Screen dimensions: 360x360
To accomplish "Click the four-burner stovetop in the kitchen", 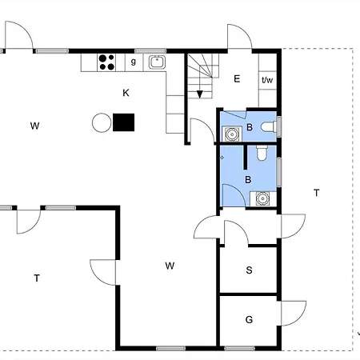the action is click(106, 62).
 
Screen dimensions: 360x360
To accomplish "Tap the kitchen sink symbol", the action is click(157, 62).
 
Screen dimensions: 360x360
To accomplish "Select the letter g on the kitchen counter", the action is click(134, 62).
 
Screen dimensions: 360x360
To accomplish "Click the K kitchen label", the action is click(126, 93).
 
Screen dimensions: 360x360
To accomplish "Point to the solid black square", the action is click(123, 122).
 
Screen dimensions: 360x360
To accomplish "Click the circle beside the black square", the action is click(102, 122).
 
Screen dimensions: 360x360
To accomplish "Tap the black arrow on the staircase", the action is click(200, 94).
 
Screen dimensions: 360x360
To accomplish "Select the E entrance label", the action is click(237, 79).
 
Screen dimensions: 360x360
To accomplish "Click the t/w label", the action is click(267, 80).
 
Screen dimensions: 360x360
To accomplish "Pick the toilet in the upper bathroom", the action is click(269, 127).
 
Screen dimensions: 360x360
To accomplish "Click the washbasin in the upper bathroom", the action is click(232, 134).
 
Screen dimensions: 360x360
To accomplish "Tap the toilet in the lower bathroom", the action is click(262, 153).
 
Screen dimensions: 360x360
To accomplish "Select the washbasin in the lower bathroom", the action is click(262, 198).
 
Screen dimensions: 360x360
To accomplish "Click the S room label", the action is click(249, 270).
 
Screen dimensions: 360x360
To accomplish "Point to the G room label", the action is click(249, 319).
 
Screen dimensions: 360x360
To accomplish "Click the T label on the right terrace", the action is click(317, 193).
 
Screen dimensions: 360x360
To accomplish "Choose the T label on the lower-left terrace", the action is click(37, 278).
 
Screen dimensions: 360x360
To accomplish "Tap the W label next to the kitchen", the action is click(35, 126).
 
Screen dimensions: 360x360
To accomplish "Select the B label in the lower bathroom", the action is click(248, 180).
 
